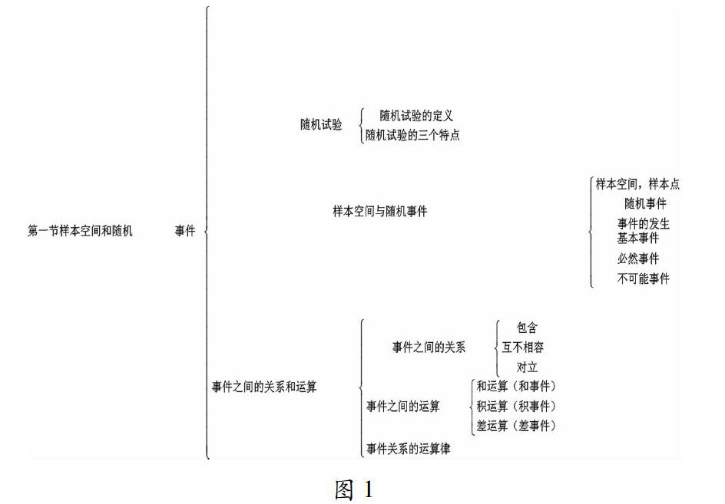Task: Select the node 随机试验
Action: point(321,124)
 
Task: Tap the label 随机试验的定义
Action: point(416,116)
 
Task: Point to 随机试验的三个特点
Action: point(412,136)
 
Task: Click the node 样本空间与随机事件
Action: point(379,211)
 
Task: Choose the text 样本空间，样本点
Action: point(637,184)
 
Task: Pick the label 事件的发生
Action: point(644,224)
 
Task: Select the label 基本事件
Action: point(637,238)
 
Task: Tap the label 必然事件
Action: point(637,259)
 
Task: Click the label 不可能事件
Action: point(643,278)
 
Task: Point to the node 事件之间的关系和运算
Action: point(264,387)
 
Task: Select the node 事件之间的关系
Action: point(429,347)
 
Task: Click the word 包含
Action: point(527,328)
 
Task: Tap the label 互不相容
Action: point(522,347)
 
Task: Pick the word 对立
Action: point(527,367)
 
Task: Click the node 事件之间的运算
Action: point(402,407)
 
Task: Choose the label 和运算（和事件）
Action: point(515,386)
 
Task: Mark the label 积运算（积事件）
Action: point(515,406)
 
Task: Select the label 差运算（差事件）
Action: point(515,426)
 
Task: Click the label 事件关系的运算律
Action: point(408,449)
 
